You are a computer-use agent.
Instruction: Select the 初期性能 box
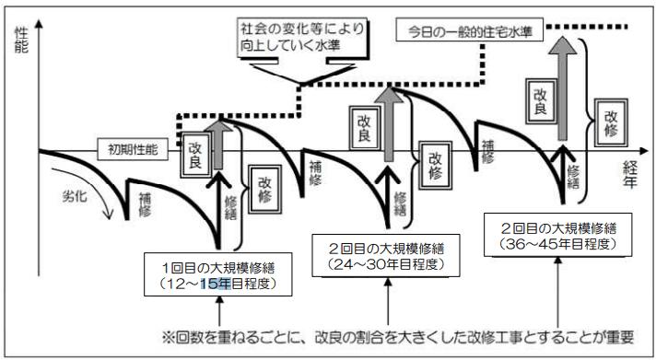[132, 147]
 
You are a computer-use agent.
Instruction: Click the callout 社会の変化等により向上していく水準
[300, 36]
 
